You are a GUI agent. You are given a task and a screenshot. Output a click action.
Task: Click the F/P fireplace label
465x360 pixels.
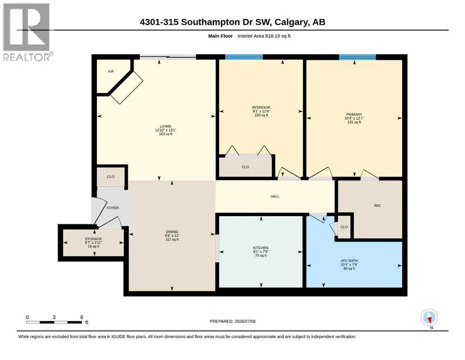[x=111, y=72]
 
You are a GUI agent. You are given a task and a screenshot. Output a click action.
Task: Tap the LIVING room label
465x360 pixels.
[x=165, y=127]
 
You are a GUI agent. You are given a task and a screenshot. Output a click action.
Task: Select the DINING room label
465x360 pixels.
[x=172, y=232]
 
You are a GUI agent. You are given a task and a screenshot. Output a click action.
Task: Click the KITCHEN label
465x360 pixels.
[x=261, y=248]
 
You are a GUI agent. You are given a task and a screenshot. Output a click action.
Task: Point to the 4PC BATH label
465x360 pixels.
[x=349, y=261]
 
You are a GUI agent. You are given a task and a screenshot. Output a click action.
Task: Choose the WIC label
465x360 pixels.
[x=377, y=205]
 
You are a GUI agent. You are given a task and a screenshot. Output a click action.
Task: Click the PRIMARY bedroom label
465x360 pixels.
[x=354, y=114]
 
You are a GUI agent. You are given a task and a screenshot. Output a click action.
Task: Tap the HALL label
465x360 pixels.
[x=275, y=196]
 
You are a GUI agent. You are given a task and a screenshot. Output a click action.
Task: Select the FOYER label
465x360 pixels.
[x=113, y=208]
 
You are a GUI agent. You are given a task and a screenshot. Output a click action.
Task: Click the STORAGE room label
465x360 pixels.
[x=93, y=239]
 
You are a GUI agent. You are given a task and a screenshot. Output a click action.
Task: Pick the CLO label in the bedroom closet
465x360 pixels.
[x=245, y=167]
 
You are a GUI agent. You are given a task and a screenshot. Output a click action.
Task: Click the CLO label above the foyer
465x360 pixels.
[x=111, y=177]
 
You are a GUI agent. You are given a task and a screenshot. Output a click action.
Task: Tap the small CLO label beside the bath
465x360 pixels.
[x=344, y=227]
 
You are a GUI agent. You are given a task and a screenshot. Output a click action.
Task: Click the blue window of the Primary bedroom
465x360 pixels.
[x=357, y=57]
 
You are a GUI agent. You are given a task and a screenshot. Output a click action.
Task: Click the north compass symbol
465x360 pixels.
[x=429, y=317]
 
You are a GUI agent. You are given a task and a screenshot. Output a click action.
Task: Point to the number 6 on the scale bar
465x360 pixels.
[x=81, y=317]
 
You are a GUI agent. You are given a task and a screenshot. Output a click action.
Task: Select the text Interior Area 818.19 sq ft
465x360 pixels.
[x=264, y=36]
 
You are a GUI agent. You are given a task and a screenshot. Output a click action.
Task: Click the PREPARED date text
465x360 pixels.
[x=232, y=321]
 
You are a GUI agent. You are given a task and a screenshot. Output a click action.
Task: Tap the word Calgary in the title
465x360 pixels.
[x=292, y=22]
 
